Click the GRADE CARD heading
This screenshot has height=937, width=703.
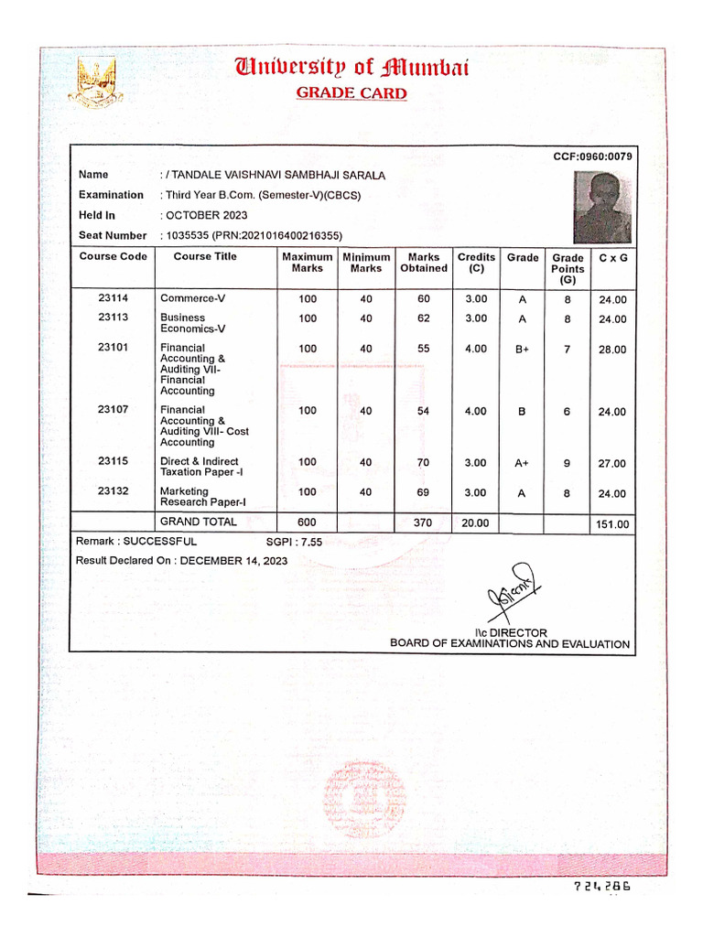(351, 93)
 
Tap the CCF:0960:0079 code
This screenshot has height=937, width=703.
(592, 156)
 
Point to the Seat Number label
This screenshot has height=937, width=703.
(113, 235)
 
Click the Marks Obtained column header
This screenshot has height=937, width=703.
(423, 263)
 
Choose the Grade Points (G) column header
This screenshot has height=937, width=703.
(568, 268)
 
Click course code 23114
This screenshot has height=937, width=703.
(114, 298)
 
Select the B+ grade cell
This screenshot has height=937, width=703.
(522, 350)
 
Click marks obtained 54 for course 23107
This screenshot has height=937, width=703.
(423, 411)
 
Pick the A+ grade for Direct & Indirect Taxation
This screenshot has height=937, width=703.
(522, 463)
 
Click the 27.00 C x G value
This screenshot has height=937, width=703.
(611, 464)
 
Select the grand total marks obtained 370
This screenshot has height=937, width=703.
(423, 522)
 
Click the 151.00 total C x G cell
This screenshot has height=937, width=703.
(611, 524)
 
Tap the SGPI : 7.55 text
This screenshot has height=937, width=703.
(294, 542)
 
